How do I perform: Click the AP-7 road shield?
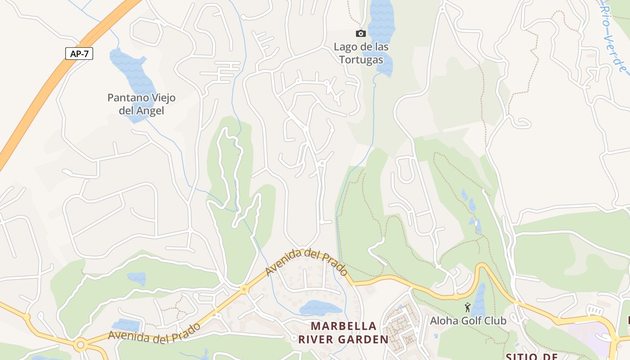click(79, 54)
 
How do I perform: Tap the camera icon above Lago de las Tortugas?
click(360, 33)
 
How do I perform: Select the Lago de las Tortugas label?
click(361, 53)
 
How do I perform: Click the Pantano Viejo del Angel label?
click(141, 104)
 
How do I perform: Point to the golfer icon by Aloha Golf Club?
click(468, 308)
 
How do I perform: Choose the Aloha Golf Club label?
click(468, 320)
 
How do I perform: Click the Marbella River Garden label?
click(343, 333)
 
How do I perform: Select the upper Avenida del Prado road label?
click(306, 262)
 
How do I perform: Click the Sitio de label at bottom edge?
click(532, 356)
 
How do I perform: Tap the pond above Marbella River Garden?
click(320, 308)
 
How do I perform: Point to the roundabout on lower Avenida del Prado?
click(81, 345)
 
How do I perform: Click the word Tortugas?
click(361, 60)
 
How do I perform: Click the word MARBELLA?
click(343, 326)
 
